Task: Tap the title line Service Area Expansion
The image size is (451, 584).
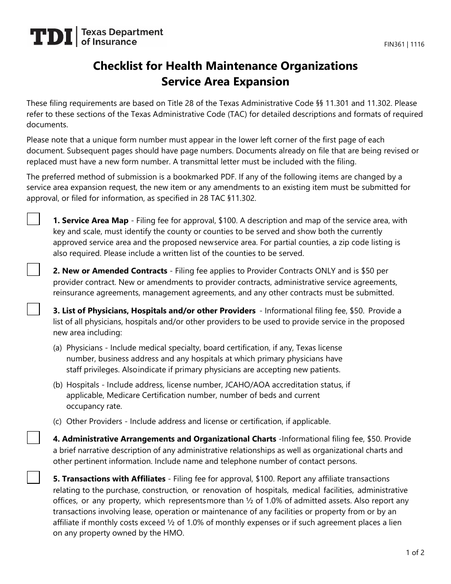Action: tap(225, 82)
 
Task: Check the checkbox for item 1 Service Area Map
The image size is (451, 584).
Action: tap(33, 219)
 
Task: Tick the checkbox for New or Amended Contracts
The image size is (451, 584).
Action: tap(33, 269)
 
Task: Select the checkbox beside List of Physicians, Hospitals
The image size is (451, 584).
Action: tap(33, 309)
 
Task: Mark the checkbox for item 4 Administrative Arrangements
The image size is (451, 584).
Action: tap(33, 437)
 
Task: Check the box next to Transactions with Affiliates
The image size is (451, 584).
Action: tap(33, 477)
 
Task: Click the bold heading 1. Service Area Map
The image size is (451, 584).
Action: tap(91, 220)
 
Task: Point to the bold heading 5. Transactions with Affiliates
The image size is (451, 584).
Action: tap(109, 479)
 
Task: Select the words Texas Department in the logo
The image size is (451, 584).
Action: tap(122, 32)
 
